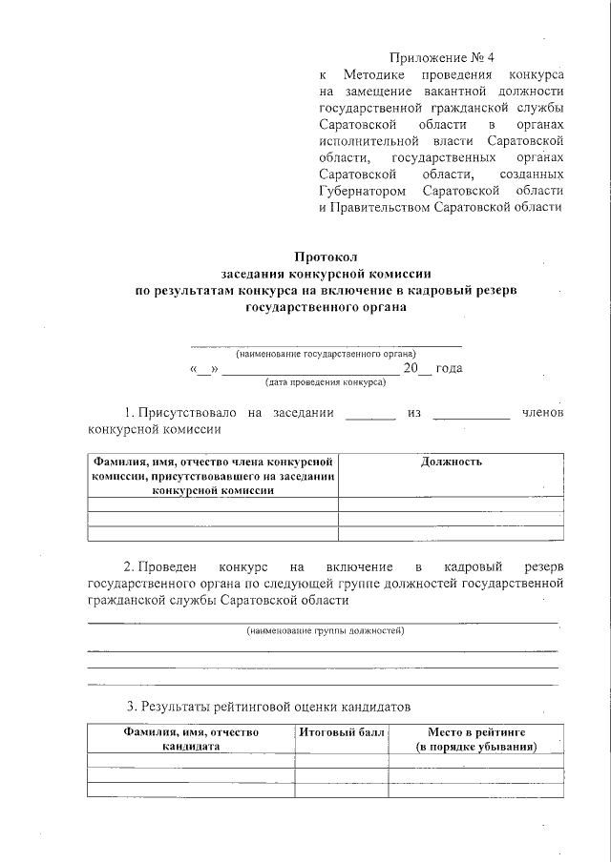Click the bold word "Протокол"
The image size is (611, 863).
pos(325,257)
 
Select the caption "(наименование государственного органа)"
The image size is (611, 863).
pos(326,353)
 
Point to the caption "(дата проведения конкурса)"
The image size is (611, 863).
pos(326,382)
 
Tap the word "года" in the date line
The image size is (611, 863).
pos(450,368)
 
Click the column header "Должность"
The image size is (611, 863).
pos(451,462)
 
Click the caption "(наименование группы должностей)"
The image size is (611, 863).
pos(326,631)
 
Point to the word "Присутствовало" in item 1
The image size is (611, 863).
pos(186,413)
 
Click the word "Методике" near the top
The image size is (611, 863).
pos(378,74)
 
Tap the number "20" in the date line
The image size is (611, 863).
pos(411,368)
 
